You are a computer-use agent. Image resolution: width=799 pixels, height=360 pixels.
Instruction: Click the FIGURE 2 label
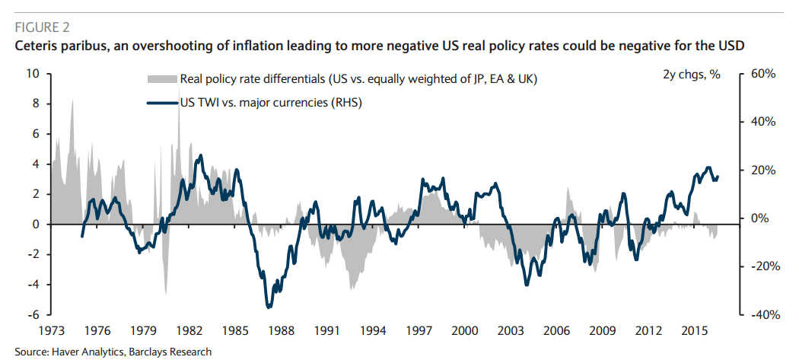click(x=42, y=28)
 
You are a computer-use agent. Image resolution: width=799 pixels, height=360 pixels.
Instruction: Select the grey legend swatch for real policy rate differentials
click(x=161, y=79)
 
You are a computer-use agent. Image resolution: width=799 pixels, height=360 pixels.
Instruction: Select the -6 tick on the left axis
click(x=33, y=314)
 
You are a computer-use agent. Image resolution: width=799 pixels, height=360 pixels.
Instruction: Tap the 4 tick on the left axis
click(x=35, y=164)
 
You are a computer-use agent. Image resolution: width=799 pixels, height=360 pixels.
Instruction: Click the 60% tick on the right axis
click(x=762, y=74)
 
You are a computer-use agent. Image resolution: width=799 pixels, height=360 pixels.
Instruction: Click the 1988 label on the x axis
click(x=281, y=331)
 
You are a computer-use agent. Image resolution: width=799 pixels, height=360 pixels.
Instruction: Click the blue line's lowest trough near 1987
click(x=269, y=307)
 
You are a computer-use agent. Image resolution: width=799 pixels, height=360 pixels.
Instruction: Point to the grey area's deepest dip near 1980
click(x=165, y=292)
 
